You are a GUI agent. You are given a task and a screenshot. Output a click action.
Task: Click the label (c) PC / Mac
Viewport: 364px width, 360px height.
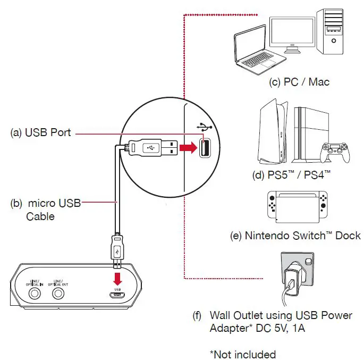point(299,82)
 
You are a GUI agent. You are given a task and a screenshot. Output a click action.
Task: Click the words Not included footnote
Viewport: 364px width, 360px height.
point(243,354)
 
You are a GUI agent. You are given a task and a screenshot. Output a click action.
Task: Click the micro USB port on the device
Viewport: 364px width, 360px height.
point(118,296)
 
